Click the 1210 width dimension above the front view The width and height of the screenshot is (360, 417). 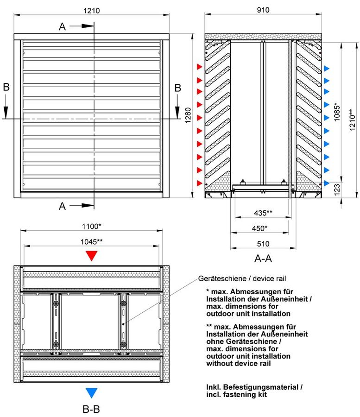[91, 11]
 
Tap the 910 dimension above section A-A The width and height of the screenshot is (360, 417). [263, 10]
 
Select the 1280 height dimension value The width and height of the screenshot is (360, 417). [188, 115]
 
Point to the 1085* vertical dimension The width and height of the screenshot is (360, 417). [337, 112]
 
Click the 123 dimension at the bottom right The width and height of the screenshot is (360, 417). [337, 190]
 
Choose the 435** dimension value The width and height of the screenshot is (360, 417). [263, 213]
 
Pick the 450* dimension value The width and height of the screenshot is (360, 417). [259, 228]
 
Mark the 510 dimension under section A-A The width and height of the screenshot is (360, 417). [263, 244]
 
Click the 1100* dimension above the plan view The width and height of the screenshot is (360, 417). [91, 226]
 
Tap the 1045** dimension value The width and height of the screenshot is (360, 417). [91, 242]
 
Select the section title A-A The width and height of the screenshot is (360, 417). [263, 259]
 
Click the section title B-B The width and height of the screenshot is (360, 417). [91, 409]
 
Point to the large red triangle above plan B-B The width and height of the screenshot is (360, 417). [91, 256]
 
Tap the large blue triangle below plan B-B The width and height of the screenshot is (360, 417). [91, 393]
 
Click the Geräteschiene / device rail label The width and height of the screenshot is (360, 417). [242, 278]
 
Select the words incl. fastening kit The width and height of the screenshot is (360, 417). [236, 394]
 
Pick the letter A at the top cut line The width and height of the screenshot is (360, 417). [62, 26]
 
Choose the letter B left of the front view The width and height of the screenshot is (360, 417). [6, 87]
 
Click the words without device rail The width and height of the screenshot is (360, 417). [238, 363]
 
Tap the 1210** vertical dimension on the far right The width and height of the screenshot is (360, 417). [352, 120]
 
